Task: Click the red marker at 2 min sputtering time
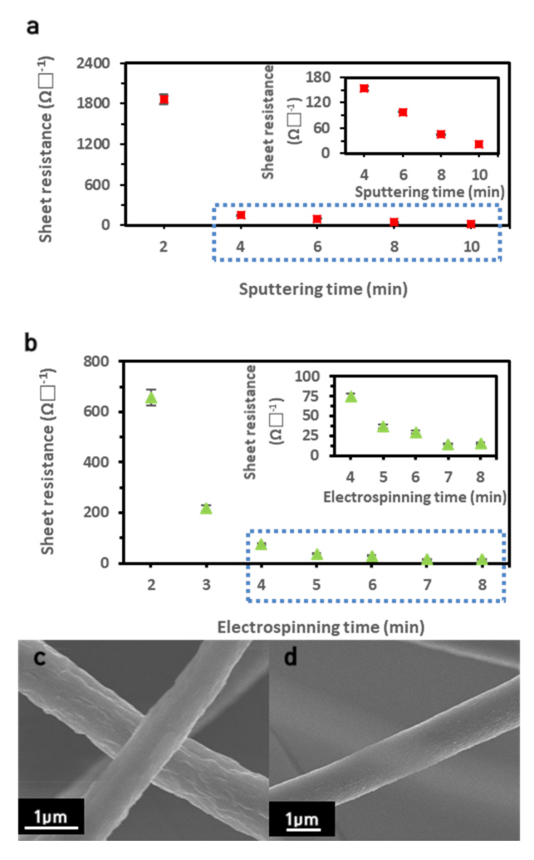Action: [164, 99]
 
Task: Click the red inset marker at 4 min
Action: [364, 88]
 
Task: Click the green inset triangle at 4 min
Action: [351, 396]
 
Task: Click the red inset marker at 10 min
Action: [479, 145]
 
